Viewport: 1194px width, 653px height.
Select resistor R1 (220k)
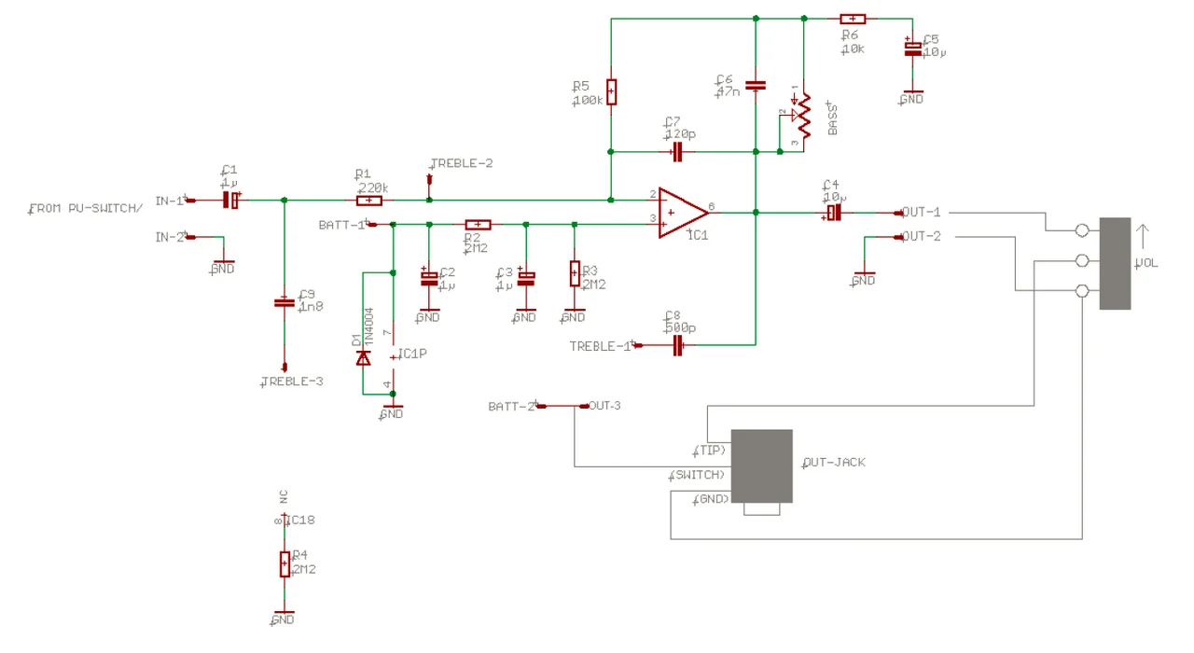[x=369, y=200]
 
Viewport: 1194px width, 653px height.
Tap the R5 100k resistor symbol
[x=610, y=91]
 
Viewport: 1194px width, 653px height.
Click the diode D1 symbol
[x=364, y=357]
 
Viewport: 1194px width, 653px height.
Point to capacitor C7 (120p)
[x=678, y=151]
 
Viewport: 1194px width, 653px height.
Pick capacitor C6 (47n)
[x=756, y=85]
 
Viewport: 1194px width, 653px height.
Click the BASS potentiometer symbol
[x=802, y=116]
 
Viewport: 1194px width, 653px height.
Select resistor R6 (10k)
[x=853, y=18]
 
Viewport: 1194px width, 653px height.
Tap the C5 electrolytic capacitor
[x=911, y=48]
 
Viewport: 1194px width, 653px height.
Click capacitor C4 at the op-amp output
[x=833, y=213]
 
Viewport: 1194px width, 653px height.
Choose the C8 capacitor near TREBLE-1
[x=679, y=345]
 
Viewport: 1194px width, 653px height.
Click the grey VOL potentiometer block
[x=1115, y=263]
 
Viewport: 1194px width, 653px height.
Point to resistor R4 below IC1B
[x=284, y=563]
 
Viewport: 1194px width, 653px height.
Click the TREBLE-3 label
[x=292, y=382]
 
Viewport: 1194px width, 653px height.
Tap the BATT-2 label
[x=511, y=407]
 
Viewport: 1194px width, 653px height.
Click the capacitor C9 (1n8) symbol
[x=284, y=302]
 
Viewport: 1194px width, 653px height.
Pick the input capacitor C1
[x=230, y=200]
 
